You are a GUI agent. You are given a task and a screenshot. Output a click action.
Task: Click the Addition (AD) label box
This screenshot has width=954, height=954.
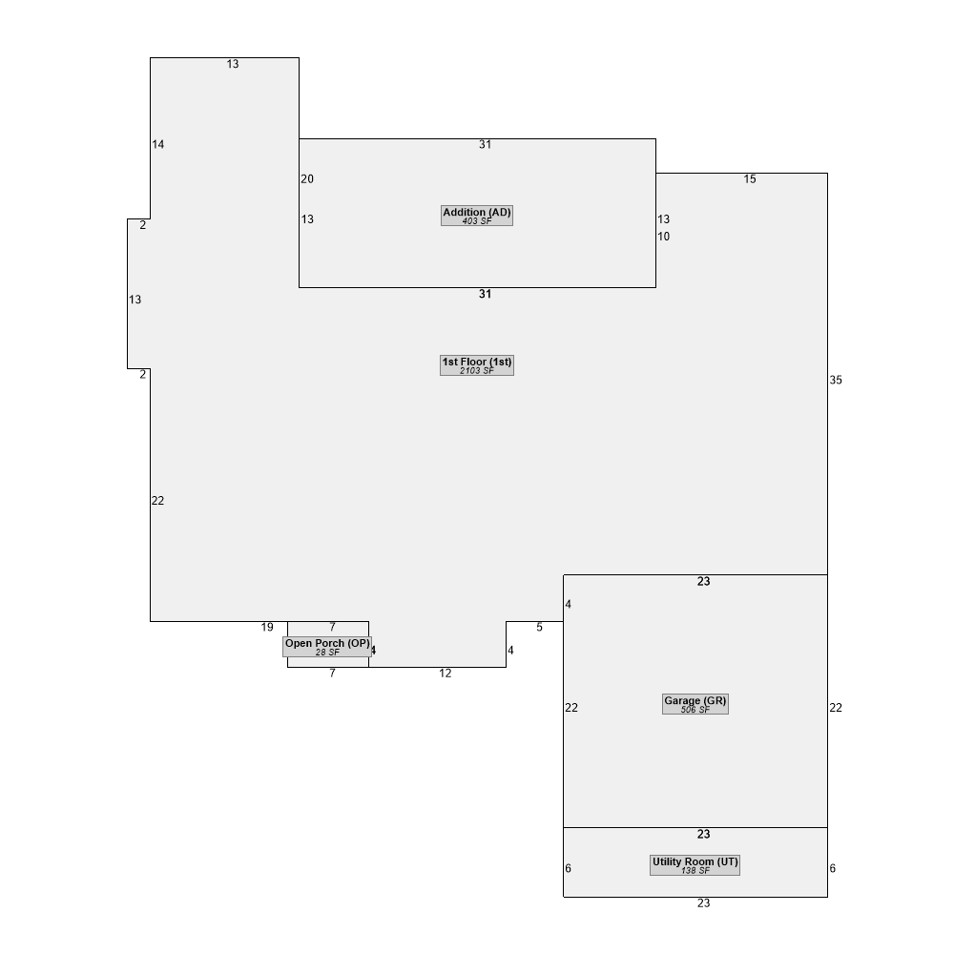[x=477, y=216]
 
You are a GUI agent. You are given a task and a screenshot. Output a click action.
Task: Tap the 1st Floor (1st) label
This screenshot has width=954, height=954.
[x=477, y=365]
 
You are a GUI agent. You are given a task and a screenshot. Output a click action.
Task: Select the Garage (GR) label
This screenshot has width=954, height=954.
[x=695, y=704]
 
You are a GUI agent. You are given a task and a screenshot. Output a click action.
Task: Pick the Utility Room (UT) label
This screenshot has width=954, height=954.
[x=695, y=865]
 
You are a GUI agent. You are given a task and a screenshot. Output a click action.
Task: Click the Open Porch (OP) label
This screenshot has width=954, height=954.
[x=327, y=647]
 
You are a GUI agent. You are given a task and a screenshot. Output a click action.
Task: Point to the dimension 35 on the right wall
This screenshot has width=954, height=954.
[x=836, y=381]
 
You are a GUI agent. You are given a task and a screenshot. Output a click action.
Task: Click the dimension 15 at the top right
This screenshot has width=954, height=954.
[x=750, y=179]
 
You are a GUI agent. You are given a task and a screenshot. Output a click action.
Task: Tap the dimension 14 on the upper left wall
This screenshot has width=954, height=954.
[x=158, y=145]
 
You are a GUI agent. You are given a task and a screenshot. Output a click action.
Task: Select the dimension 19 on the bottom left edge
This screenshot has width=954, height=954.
[x=267, y=628]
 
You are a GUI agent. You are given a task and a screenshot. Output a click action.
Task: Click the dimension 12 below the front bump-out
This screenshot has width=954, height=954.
[x=446, y=674]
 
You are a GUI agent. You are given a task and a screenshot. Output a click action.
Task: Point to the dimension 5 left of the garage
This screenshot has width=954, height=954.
[x=540, y=628]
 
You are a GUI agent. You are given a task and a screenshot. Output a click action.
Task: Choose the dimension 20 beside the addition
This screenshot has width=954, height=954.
[x=307, y=179]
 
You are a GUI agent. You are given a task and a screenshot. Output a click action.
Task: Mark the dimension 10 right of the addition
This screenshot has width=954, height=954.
[x=663, y=237]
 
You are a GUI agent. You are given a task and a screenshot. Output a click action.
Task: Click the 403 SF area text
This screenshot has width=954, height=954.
[x=477, y=221]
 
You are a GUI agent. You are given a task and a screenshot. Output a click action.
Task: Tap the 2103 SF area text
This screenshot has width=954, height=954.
[x=477, y=371]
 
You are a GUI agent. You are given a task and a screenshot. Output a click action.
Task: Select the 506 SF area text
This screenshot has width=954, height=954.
[x=695, y=710]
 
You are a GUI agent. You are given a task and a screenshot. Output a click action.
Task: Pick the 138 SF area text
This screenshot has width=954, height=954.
[x=695, y=871]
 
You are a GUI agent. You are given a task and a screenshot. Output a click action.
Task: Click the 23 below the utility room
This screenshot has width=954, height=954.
[x=704, y=903]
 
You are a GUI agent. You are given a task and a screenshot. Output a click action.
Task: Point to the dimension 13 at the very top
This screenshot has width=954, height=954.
[x=233, y=65]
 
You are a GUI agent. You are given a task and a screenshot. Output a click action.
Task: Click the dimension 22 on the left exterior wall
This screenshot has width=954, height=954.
[x=157, y=502]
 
